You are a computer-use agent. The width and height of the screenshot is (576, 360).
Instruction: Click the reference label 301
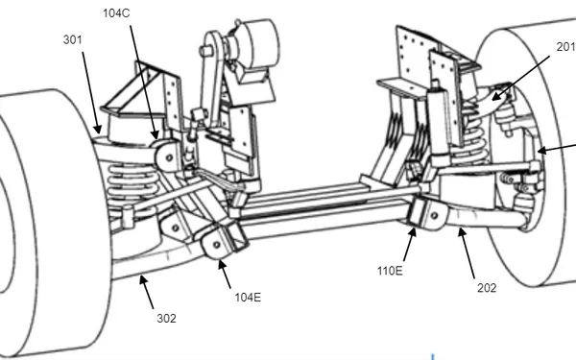[x=72, y=39]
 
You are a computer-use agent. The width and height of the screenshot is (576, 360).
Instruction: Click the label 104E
[x=247, y=297]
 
